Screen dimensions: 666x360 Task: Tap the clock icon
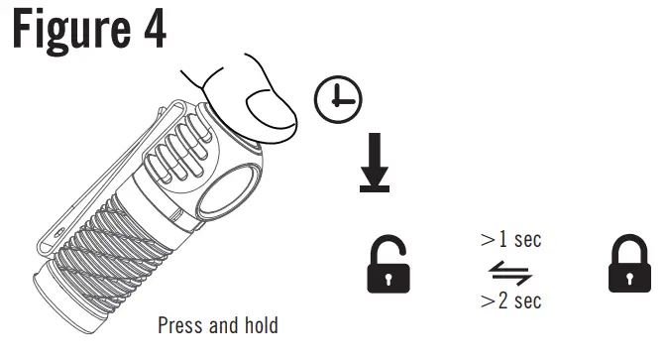coord(338,98)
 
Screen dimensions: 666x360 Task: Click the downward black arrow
coord(375,159)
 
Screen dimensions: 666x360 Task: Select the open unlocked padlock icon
coord(389,266)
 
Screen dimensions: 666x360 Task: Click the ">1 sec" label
coord(510,240)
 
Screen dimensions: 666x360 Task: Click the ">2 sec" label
coord(510,300)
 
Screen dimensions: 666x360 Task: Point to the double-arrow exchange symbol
coord(510,270)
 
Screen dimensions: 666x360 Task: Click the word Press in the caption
coord(180,325)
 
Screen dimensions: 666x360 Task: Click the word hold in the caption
coord(260,325)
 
